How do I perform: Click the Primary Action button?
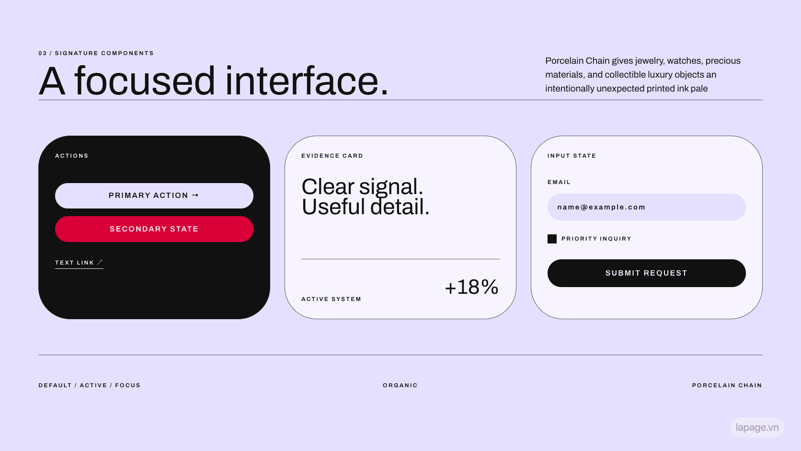(x=154, y=196)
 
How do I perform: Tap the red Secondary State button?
(x=154, y=229)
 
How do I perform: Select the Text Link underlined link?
(x=79, y=263)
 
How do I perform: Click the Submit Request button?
(x=647, y=273)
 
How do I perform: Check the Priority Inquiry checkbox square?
(x=552, y=239)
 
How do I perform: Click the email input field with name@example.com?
(x=647, y=207)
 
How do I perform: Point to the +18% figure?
(x=472, y=287)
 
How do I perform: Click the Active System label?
(x=331, y=299)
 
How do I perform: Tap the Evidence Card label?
(x=332, y=156)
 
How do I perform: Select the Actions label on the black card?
(x=71, y=156)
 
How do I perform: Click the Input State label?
(x=572, y=156)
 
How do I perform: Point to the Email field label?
(x=559, y=182)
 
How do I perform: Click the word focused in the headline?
(x=145, y=81)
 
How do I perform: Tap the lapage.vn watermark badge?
(x=757, y=428)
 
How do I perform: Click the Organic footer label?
(x=400, y=385)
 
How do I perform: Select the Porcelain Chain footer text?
(x=727, y=385)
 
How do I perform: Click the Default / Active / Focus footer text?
(x=90, y=385)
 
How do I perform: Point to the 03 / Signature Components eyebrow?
(x=96, y=53)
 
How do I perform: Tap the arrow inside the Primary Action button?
(x=195, y=195)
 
